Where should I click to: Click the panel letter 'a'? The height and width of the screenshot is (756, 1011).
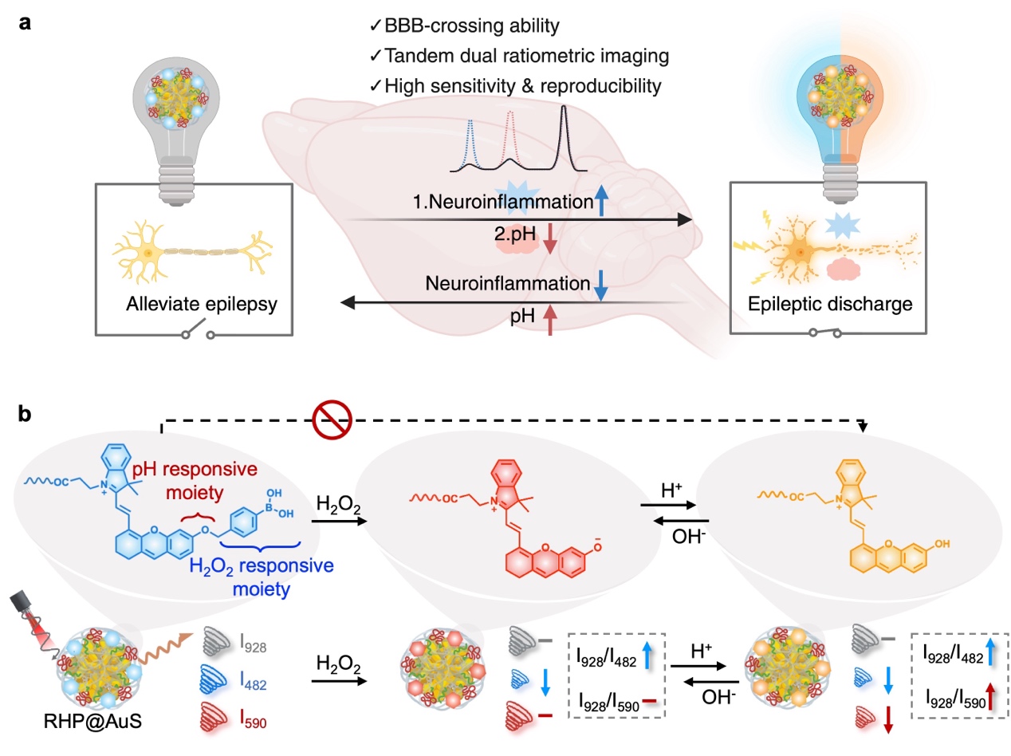point(26,25)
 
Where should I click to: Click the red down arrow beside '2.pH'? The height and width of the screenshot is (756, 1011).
point(548,242)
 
